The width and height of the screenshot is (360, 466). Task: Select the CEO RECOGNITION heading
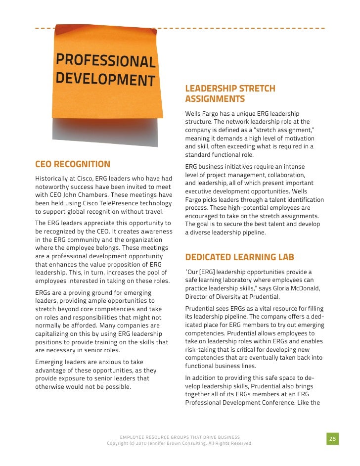[73, 164]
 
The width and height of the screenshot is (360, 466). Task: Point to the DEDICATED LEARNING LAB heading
[239, 257]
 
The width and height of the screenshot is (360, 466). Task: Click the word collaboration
[283, 175]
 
